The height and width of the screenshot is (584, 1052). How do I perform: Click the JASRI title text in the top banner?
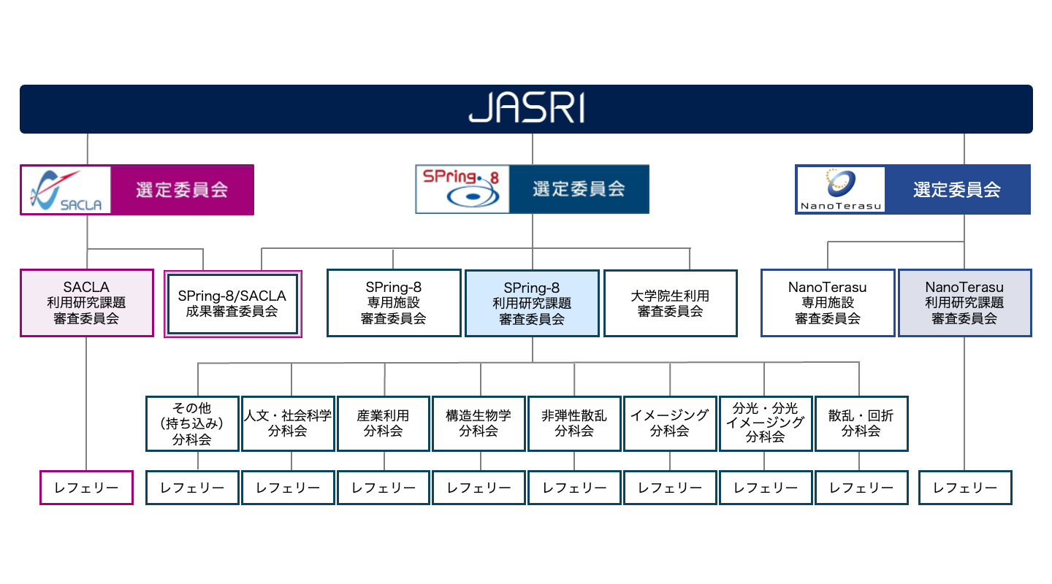[526, 109]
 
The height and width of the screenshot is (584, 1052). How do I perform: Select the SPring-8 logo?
[462, 189]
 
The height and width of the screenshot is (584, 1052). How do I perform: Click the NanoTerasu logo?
[840, 190]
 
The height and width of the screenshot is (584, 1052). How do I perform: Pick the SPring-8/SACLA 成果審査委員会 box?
[232, 304]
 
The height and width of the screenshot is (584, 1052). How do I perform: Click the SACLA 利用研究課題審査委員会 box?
[87, 303]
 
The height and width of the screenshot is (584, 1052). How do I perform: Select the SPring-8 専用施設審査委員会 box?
[394, 303]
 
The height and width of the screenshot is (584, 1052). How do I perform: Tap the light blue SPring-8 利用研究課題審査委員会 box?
[532, 303]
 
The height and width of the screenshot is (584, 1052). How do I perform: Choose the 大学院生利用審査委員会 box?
[670, 303]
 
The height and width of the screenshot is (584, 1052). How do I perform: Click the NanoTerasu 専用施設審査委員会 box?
[828, 303]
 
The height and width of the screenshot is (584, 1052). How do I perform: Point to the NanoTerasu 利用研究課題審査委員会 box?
[964, 303]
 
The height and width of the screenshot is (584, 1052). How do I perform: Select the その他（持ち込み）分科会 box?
[192, 423]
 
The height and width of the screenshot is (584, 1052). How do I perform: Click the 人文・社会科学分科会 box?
[288, 423]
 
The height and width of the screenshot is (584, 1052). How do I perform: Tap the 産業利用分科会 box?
[384, 423]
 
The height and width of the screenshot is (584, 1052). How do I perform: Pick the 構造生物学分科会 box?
[479, 423]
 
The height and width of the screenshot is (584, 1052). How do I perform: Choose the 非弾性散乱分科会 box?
[574, 423]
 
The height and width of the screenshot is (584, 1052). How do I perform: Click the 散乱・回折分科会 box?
[861, 423]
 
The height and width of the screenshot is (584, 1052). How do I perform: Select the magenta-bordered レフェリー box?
[86, 488]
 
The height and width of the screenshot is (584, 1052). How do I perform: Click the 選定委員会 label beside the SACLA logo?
[182, 190]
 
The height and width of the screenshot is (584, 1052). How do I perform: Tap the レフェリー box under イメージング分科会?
[670, 488]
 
